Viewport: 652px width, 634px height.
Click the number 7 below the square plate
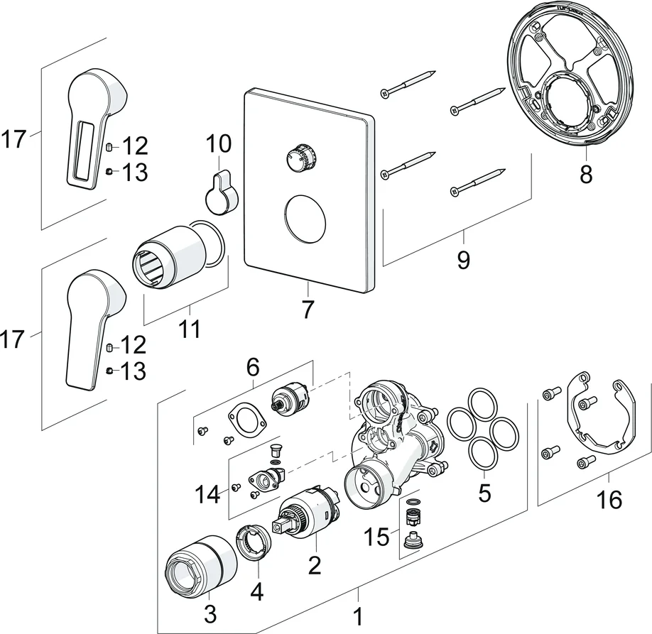[x=308, y=310]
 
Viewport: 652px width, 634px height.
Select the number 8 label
[x=585, y=174]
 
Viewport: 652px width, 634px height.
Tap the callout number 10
[x=219, y=144]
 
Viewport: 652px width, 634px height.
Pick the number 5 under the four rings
[x=484, y=493]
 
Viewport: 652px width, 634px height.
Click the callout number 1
[x=358, y=614]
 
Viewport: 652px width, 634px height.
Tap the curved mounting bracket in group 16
[x=603, y=419]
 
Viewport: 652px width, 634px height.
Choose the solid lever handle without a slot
[x=91, y=327]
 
